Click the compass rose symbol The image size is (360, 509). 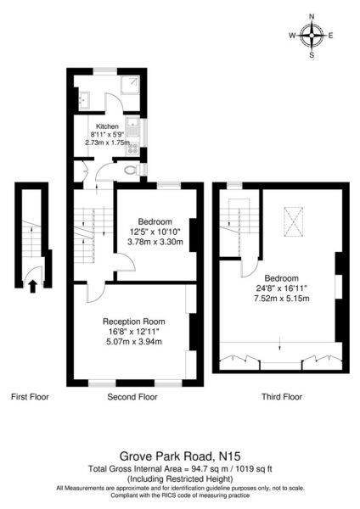coord(312,36)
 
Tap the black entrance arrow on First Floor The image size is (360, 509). coord(32,287)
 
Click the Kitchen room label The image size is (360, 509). coord(107,126)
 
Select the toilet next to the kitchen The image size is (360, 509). coord(134,170)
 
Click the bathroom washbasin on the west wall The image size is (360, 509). coord(84,100)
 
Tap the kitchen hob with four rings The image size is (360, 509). coord(132,148)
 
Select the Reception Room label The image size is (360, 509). coord(134,322)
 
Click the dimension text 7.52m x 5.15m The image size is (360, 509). coord(282,299)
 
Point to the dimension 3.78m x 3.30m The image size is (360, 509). coord(155,242)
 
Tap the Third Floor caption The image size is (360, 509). coord(282,397)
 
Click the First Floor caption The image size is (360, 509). coord(30,397)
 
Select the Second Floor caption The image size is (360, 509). coord(132,397)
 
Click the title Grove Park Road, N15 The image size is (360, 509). coord(180,456)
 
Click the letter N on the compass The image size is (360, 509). coord(312,17)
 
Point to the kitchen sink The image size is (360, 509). coord(132,129)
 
